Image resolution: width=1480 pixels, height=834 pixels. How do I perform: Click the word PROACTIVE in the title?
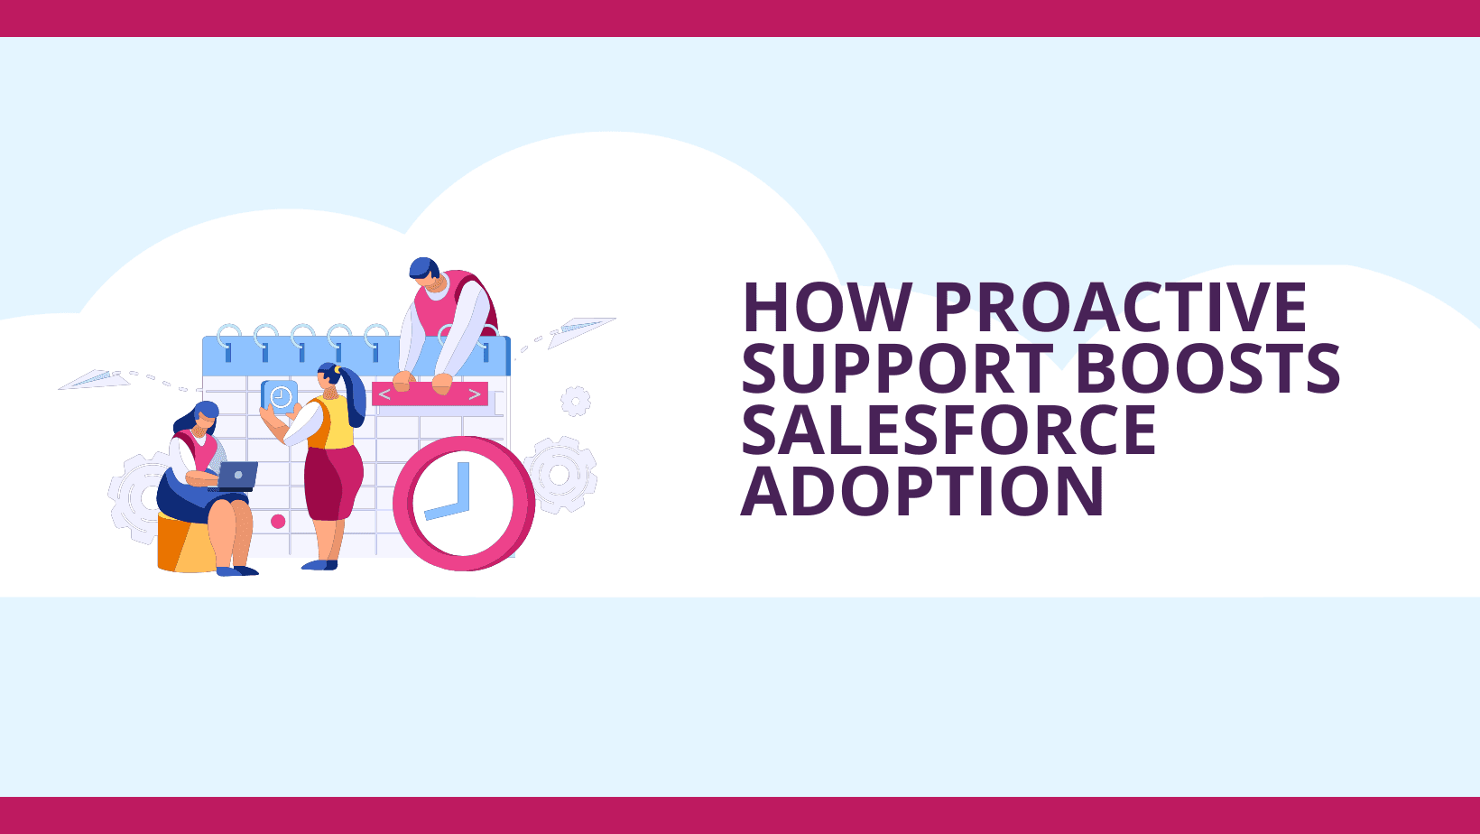point(1121,307)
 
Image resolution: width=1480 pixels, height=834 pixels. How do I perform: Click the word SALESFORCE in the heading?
point(948,430)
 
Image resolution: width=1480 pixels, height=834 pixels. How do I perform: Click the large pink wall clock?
point(464,504)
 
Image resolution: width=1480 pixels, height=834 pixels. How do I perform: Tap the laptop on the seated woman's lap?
point(235,477)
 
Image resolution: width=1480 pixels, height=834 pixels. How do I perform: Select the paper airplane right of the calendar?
point(581,331)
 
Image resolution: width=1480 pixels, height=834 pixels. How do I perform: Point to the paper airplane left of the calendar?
point(95,379)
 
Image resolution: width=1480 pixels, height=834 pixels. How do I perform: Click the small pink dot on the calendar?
point(278,522)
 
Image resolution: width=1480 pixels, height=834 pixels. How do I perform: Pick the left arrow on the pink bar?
point(384,394)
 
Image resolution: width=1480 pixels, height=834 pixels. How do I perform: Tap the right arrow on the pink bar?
point(475,394)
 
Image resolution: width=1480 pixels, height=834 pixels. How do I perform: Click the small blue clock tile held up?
point(280,397)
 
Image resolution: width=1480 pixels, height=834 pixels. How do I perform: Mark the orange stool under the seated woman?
point(186,542)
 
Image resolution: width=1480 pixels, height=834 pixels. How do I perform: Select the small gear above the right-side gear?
point(576,401)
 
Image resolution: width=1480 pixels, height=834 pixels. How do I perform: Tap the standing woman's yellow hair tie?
point(338,370)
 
